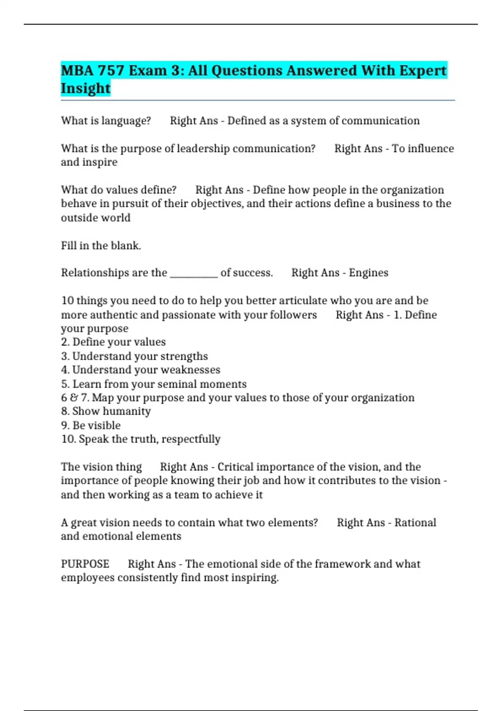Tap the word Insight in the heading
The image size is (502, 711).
coord(85,88)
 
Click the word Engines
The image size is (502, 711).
coord(369,273)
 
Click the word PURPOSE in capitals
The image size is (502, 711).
coord(85,564)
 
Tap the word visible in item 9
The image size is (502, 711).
coord(103,425)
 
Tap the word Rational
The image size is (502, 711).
coord(415,522)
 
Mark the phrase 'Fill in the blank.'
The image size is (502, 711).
coord(101,246)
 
